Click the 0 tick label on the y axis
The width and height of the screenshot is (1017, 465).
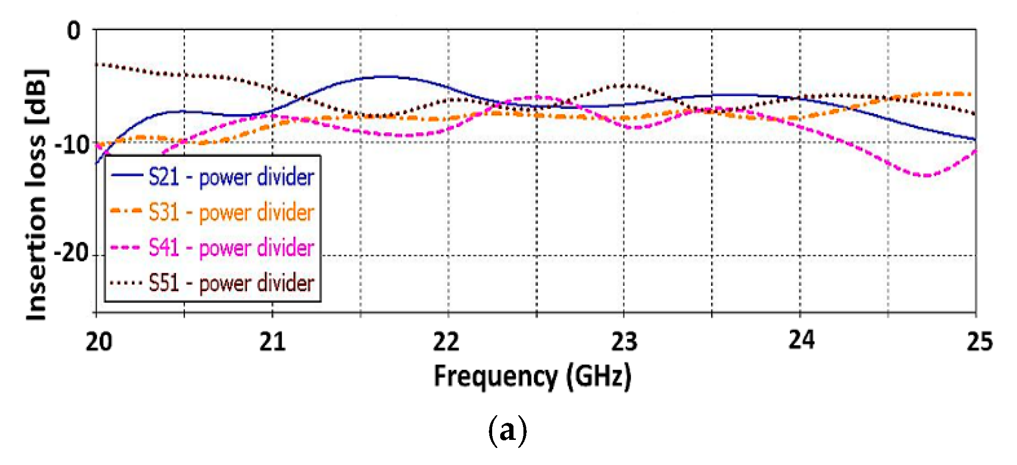click(74, 31)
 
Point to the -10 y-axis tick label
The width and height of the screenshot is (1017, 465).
click(72, 145)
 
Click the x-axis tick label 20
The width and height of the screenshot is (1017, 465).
click(99, 342)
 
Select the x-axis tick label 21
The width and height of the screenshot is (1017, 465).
click(272, 342)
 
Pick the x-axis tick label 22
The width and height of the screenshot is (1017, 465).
click(446, 342)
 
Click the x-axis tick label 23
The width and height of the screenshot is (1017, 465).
click(624, 342)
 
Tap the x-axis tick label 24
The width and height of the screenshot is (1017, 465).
click(801, 340)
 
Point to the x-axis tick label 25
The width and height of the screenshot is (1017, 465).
click(980, 342)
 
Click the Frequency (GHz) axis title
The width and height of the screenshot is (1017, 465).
click(532, 377)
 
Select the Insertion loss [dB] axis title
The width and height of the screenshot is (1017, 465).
click(37, 194)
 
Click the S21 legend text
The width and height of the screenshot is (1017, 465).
click(231, 177)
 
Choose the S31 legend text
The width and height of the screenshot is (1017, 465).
click(231, 212)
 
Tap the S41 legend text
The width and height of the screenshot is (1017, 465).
click(231, 247)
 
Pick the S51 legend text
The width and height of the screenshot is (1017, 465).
click(231, 283)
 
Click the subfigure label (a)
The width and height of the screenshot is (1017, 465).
click(507, 430)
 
